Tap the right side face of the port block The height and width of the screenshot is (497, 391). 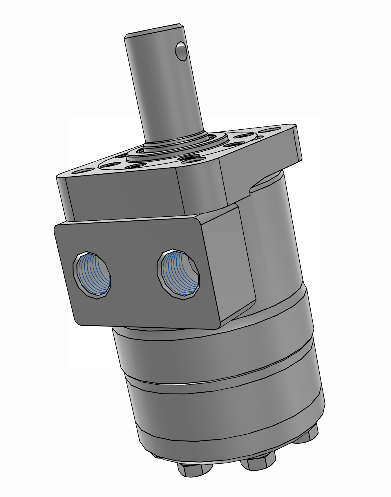[x=229, y=261]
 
